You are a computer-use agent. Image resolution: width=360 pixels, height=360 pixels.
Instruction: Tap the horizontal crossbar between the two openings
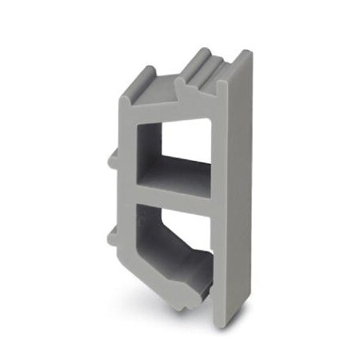point(172,194)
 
